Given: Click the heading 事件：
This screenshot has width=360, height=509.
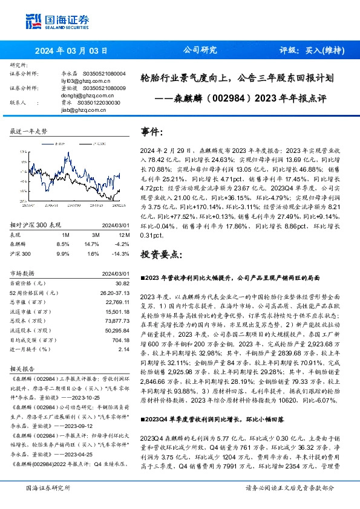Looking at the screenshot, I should point(152,131).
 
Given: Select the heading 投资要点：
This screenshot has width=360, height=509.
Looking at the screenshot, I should point(160,254).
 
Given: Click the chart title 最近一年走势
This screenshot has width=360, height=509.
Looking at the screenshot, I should point(29,131).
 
